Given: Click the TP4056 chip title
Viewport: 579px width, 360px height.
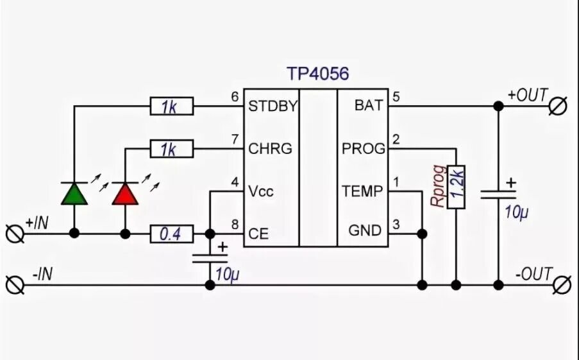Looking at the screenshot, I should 317,74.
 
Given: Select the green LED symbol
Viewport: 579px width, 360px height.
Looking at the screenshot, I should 74,193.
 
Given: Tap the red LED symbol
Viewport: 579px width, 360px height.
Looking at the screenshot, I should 125,193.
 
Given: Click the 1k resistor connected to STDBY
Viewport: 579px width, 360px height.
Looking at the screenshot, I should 171,107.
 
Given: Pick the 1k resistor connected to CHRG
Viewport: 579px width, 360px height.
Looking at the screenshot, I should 171,149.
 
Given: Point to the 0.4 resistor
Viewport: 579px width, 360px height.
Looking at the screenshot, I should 171,234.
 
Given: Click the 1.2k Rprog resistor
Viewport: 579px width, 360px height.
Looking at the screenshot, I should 456,187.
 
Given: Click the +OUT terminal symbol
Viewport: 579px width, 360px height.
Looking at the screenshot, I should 558,106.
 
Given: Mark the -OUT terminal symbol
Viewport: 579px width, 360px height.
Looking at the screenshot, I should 562,284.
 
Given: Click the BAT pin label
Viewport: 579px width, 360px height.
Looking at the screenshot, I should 368,106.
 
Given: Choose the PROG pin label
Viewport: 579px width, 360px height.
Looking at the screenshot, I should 364,149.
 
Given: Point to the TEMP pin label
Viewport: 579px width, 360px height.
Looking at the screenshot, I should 362,191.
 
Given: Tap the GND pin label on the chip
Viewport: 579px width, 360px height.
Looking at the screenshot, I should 365,230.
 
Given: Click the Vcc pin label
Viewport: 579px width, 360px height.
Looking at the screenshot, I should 261,191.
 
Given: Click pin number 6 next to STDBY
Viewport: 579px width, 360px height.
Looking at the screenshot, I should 235,96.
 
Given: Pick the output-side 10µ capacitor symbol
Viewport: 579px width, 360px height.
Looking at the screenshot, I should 499,193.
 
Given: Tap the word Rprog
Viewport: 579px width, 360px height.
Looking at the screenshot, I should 437,187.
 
